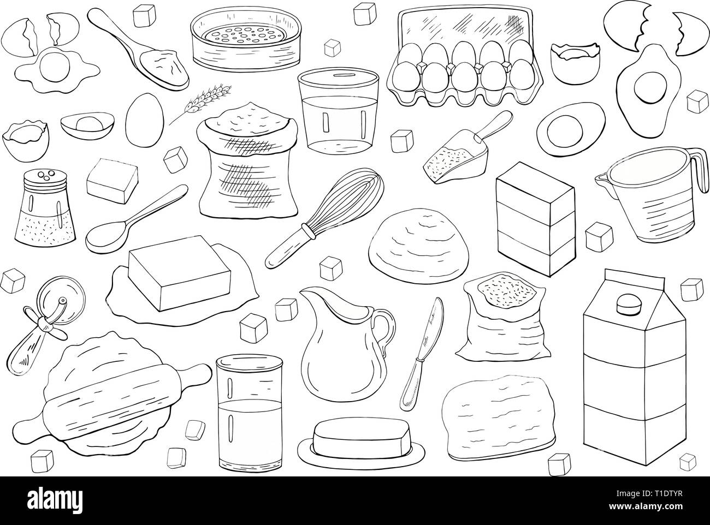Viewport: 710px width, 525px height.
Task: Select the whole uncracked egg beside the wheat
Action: coord(144,120)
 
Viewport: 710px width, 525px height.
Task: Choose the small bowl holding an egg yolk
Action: coord(87,126)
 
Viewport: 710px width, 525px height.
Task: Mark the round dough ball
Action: coord(419,246)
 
